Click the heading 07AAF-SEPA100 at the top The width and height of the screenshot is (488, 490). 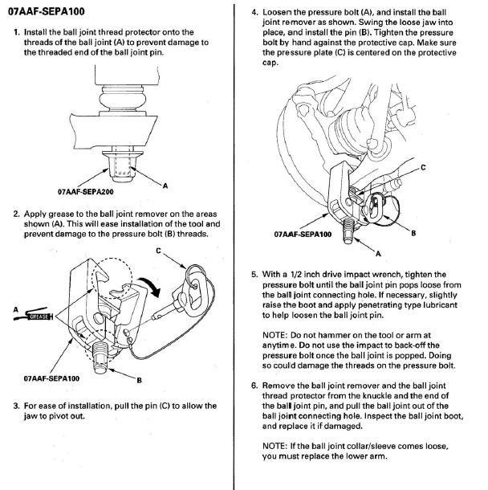pos(47,11)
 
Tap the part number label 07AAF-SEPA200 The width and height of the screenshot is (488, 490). pos(86,191)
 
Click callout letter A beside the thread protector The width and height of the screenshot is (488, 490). pos(165,186)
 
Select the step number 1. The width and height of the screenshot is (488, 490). pos(17,32)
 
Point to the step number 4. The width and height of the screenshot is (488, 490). pos(254,13)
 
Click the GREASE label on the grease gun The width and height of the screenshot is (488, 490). pos(39,316)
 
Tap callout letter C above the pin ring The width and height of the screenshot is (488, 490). pos(158,251)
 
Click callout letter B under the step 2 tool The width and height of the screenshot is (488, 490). pos(139,380)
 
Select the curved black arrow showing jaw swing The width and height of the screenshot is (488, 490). pos(150,287)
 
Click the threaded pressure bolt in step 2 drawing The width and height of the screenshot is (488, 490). pos(102,357)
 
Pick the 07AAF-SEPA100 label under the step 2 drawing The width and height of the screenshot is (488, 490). pos(51,378)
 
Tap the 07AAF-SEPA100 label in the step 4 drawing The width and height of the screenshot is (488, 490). pos(303,234)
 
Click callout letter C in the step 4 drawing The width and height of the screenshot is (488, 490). pos(423,168)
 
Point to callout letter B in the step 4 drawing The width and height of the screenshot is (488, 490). pos(413,233)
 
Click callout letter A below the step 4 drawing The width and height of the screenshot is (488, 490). pos(378,254)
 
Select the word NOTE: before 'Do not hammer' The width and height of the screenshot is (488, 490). pos(274,335)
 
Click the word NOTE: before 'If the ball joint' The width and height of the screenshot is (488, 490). pos(274,446)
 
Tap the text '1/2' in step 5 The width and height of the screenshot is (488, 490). pos(295,275)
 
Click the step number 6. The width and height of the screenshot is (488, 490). pos(254,386)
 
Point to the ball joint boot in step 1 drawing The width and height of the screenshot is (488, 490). pos(122,99)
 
